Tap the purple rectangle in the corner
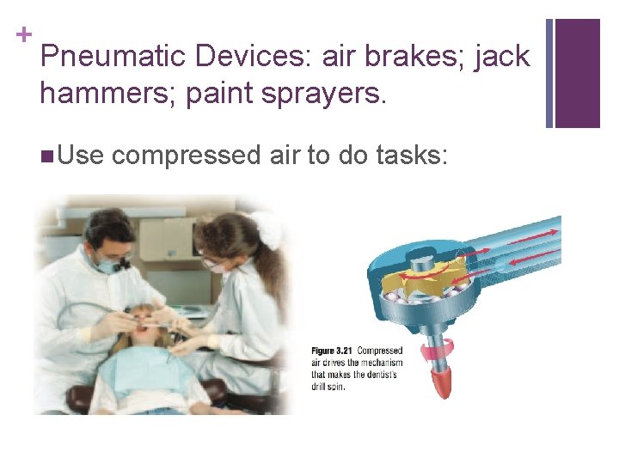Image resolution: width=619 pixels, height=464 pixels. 577,73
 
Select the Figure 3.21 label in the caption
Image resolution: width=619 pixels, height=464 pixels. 333,351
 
